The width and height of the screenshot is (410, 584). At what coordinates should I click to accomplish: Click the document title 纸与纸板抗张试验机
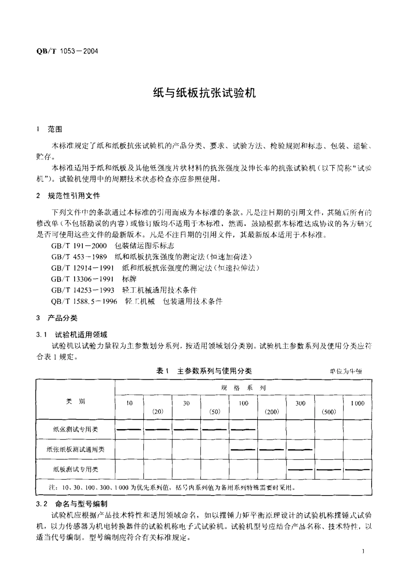[x=205, y=93]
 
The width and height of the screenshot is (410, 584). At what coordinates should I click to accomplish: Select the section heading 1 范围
[x=50, y=129]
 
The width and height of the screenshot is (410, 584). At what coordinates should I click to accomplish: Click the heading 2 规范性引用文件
[x=69, y=196]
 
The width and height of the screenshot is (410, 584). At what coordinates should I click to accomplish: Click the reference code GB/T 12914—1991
[x=82, y=268]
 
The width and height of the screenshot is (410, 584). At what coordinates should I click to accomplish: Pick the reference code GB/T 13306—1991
[x=82, y=279]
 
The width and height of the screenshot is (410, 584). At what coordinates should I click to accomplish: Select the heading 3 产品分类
[x=58, y=318]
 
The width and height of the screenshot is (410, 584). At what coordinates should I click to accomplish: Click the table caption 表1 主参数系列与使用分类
[x=204, y=371]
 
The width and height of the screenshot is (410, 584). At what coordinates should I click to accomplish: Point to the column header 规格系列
[x=243, y=388]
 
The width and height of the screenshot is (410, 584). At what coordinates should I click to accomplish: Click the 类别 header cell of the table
[x=76, y=402]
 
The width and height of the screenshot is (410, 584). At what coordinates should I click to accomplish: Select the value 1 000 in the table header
[x=357, y=403]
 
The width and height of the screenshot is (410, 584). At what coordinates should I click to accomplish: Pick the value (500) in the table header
[x=329, y=411]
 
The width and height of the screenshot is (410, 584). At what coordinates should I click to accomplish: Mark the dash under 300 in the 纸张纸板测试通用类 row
[x=300, y=449]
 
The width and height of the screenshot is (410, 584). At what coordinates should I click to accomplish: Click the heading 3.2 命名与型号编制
[x=73, y=504]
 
